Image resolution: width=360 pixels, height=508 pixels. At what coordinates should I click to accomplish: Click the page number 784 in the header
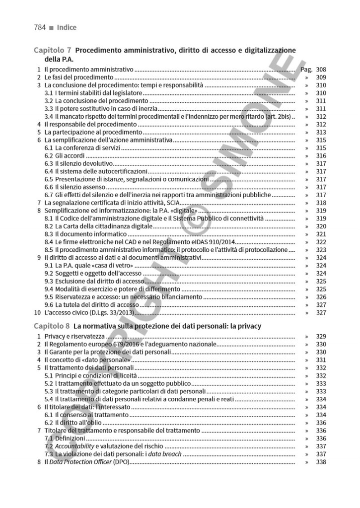pyautogui.click(x=41, y=27)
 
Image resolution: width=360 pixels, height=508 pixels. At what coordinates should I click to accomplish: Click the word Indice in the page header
pyautogui.click(x=67, y=27)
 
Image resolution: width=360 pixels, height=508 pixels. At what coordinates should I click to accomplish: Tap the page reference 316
pyautogui.click(x=321, y=156)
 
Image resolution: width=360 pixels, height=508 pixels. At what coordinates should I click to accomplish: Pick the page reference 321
pyautogui.click(x=321, y=234)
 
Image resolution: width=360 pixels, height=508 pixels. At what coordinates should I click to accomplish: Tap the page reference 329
pyautogui.click(x=321, y=336)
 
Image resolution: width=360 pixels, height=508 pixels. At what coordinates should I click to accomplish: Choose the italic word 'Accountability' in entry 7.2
pyautogui.click(x=74, y=446)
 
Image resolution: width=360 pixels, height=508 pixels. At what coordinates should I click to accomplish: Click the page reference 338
pyautogui.click(x=321, y=462)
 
